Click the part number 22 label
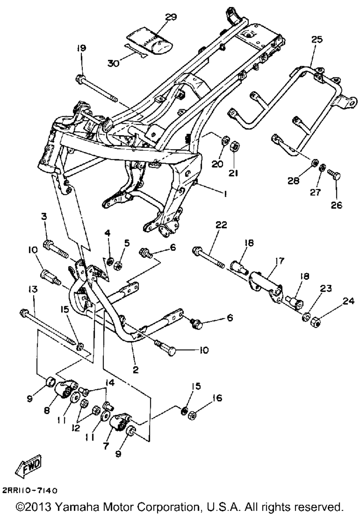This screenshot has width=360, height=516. [x=221, y=225]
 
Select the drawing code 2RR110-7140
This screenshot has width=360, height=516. [x=30, y=491]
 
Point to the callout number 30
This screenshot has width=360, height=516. [x=113, y=63]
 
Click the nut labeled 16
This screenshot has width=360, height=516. [x=192, y=416]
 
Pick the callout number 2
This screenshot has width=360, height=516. [x=135, y=370]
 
